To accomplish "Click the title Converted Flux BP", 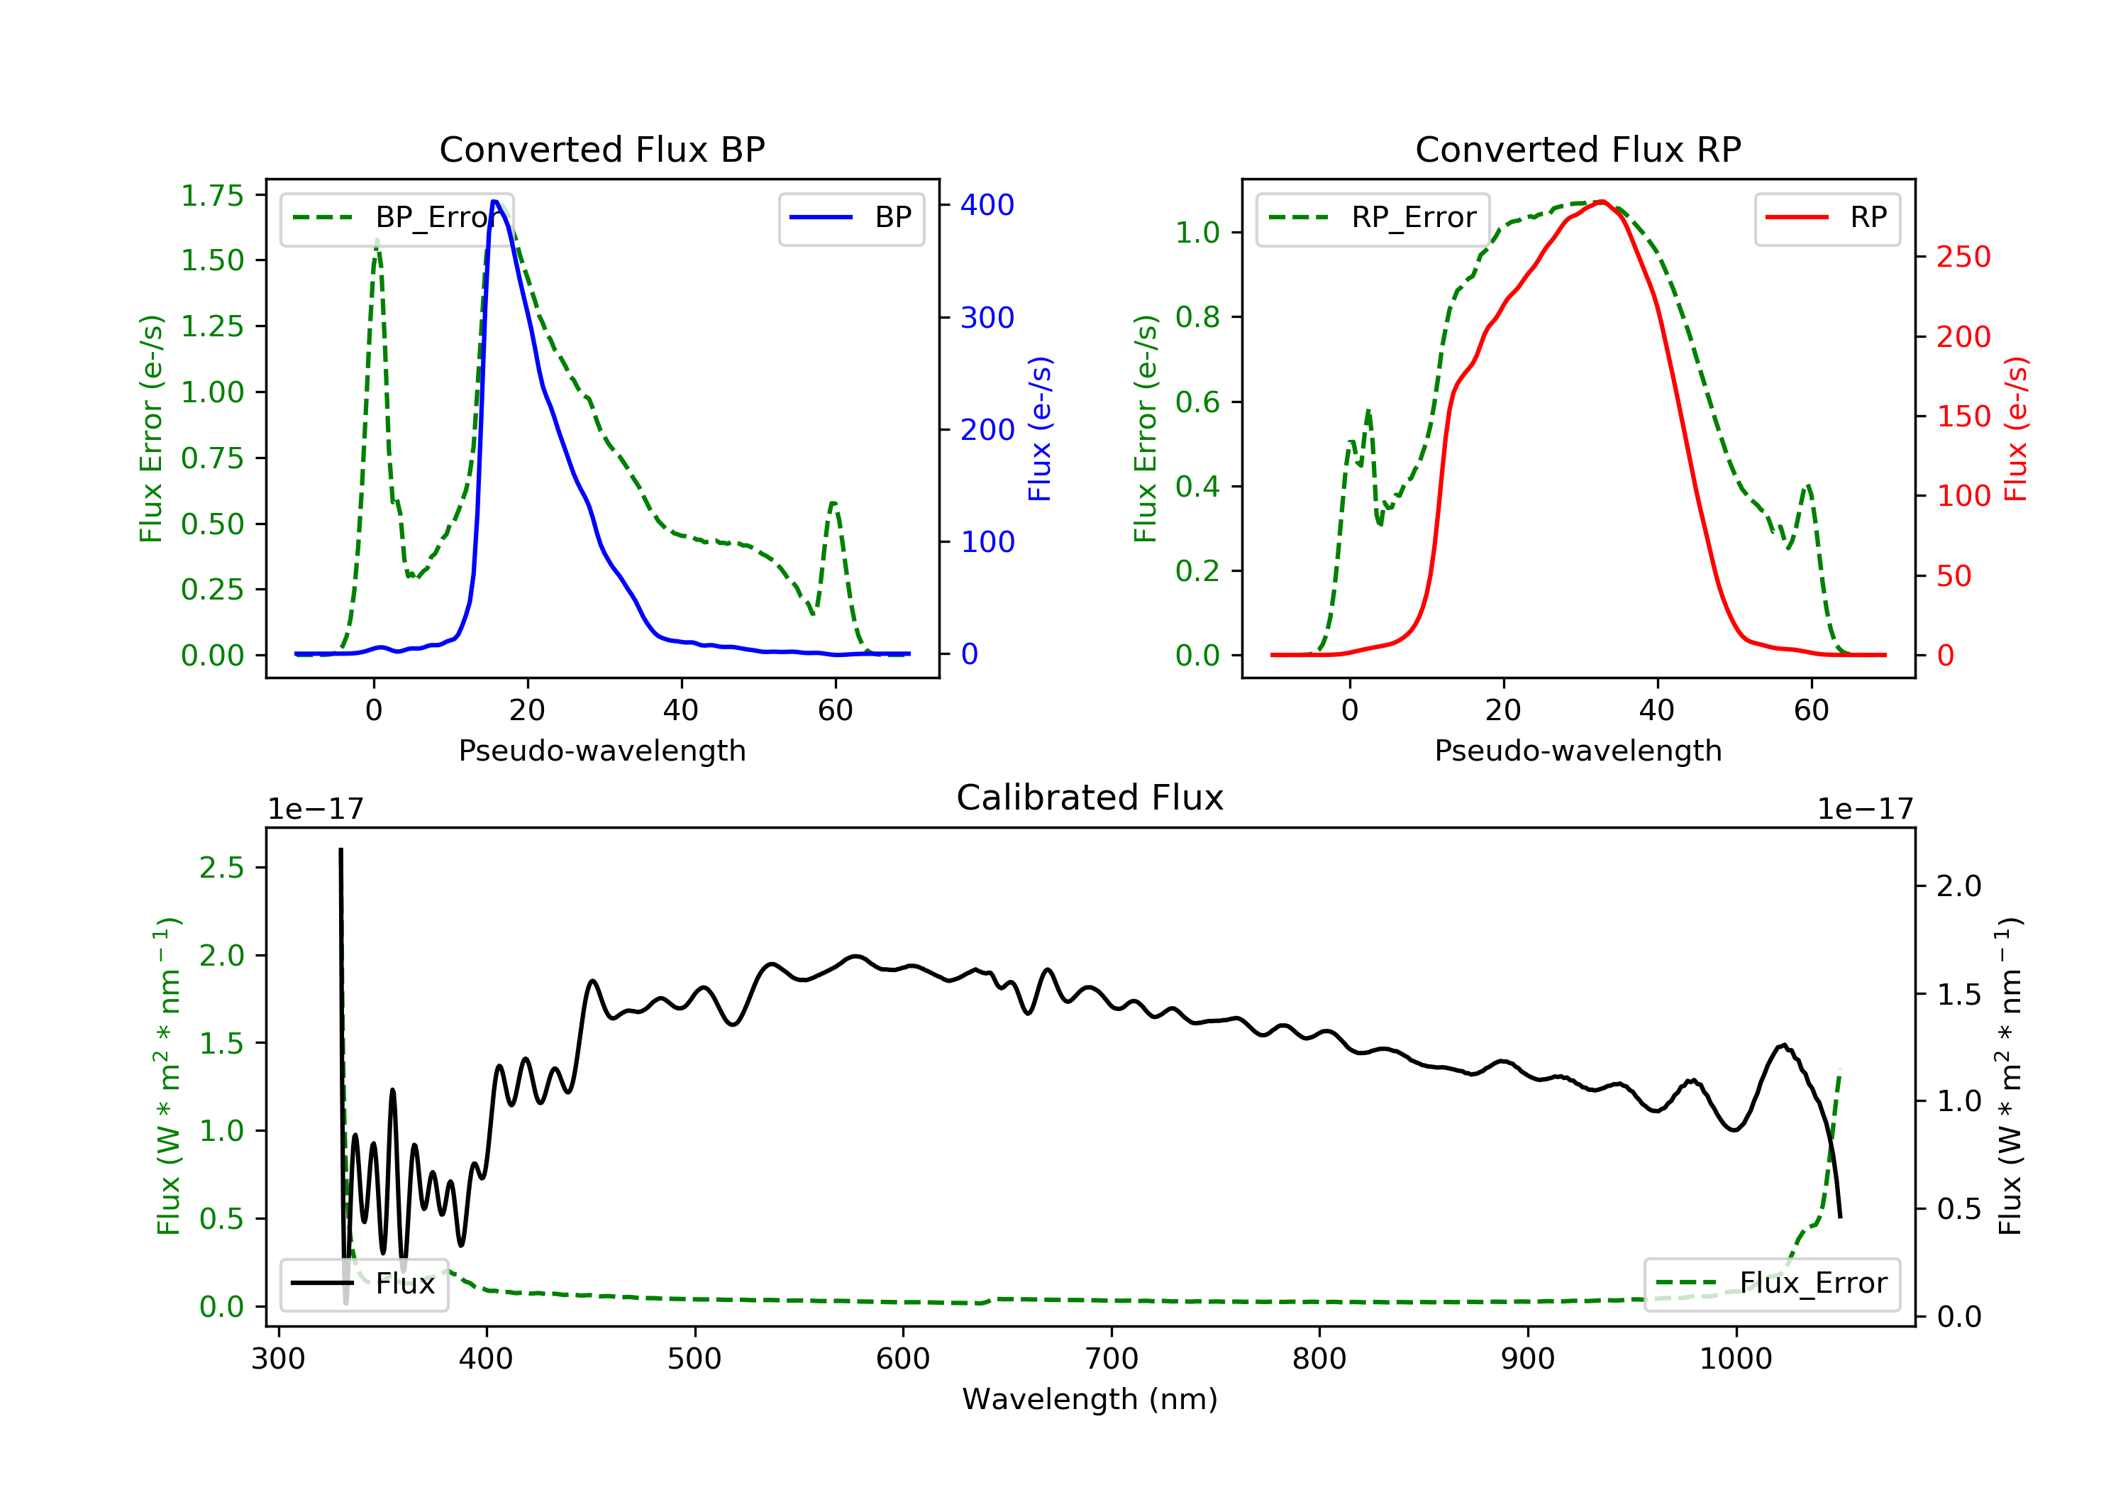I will pyautogui.click(x=602, y=149).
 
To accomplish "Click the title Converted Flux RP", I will pyautogui.click(x=1578, y=149).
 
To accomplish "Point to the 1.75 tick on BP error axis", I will pyautogui.click(x=212, y=196).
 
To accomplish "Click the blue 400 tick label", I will pyautogui.click(x=987, y=205).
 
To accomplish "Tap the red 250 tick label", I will pyautogui.click(x=1963, y=257).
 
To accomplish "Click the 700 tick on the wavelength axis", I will pyautogui.click(x=1112, y=1359).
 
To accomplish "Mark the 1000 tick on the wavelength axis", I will pyautogui.click(x=1735, y=1359).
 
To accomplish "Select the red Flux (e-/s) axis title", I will pyautogui.click(x=2016, y=429).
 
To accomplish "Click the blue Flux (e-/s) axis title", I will pyautogui.click(x=1040, y=429).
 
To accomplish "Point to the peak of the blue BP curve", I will pyautogui.click(x=495, y=202).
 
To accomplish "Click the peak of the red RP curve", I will pyautogui.click(x=1602, y=202).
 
